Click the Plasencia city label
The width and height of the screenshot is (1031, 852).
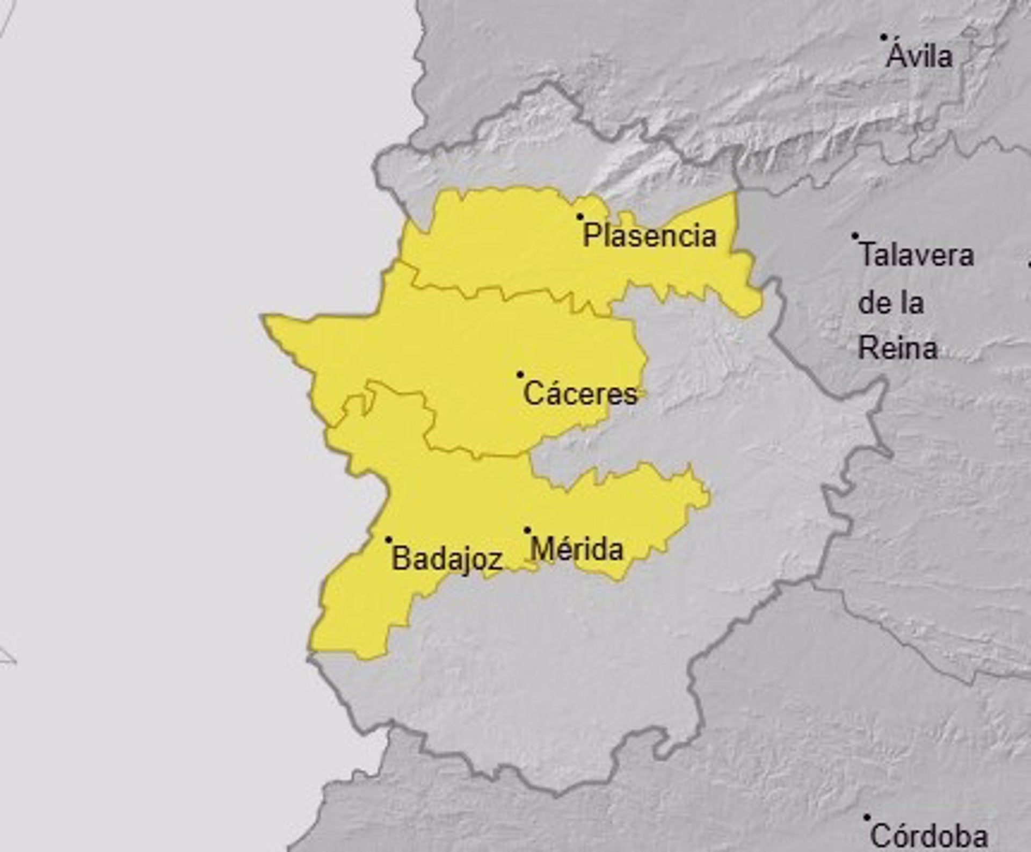point(650,236)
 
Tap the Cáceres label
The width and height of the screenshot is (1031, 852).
point(580,394)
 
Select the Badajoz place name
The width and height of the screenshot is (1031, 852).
point(447,559)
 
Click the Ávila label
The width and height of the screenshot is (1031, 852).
point(919,56)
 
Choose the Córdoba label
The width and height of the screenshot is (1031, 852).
point(928,836)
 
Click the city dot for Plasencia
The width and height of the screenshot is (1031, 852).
point(580,217)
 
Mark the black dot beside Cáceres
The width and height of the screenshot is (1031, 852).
point(520,374)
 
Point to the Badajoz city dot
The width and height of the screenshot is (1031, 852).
point(389,539)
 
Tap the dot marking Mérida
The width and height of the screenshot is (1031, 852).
point(527,530)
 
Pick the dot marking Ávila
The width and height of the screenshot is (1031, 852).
point(883,37)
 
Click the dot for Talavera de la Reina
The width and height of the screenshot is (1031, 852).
point(855,236)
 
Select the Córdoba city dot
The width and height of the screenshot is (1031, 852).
point(867,817)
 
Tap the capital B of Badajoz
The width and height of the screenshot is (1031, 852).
point(401,559)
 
